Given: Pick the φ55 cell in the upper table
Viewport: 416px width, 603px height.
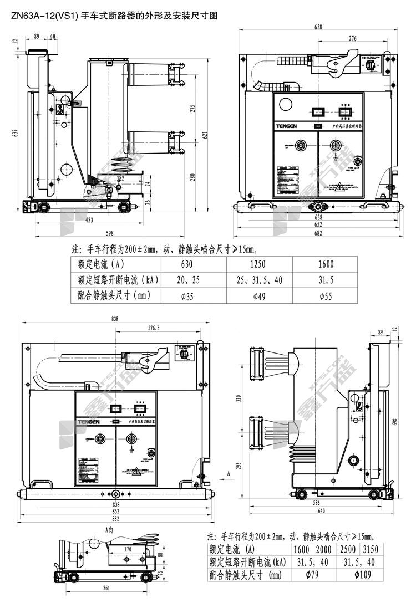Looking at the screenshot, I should pos(326,296).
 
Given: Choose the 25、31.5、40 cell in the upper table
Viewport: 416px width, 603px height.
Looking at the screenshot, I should pos(260,280).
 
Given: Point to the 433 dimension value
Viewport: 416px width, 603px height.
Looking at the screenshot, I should pos(89,221).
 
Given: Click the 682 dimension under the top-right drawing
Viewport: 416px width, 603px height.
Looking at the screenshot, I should pos(318,233).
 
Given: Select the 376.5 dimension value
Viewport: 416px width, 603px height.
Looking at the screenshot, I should pos(154,328).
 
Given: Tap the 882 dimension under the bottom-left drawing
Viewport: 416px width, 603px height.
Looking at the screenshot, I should pos(116,519).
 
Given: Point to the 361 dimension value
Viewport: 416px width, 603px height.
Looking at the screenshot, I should pos(105,589).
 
